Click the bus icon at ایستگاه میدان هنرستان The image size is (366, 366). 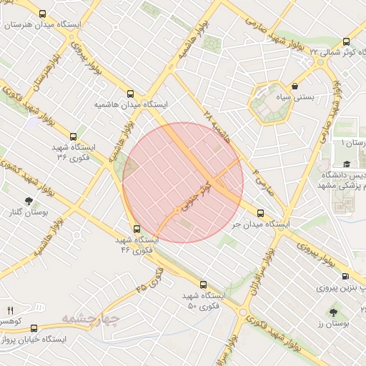[x=42, y=14]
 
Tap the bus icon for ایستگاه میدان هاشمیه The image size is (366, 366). [x=130, y=94]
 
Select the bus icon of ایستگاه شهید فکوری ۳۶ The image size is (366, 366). [x=72, y=137]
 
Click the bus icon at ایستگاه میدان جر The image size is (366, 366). [x=260, y=213]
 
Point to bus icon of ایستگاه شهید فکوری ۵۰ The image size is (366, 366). [x=203, y=285]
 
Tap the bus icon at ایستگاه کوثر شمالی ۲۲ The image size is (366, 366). [x=346, y=41]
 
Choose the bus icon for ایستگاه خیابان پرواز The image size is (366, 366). [x=34, y=328]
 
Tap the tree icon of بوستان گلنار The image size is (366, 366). [x=28, y=202]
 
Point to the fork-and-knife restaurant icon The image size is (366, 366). [x=10, y=310]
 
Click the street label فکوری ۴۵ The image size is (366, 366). [x=149, y=279]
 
